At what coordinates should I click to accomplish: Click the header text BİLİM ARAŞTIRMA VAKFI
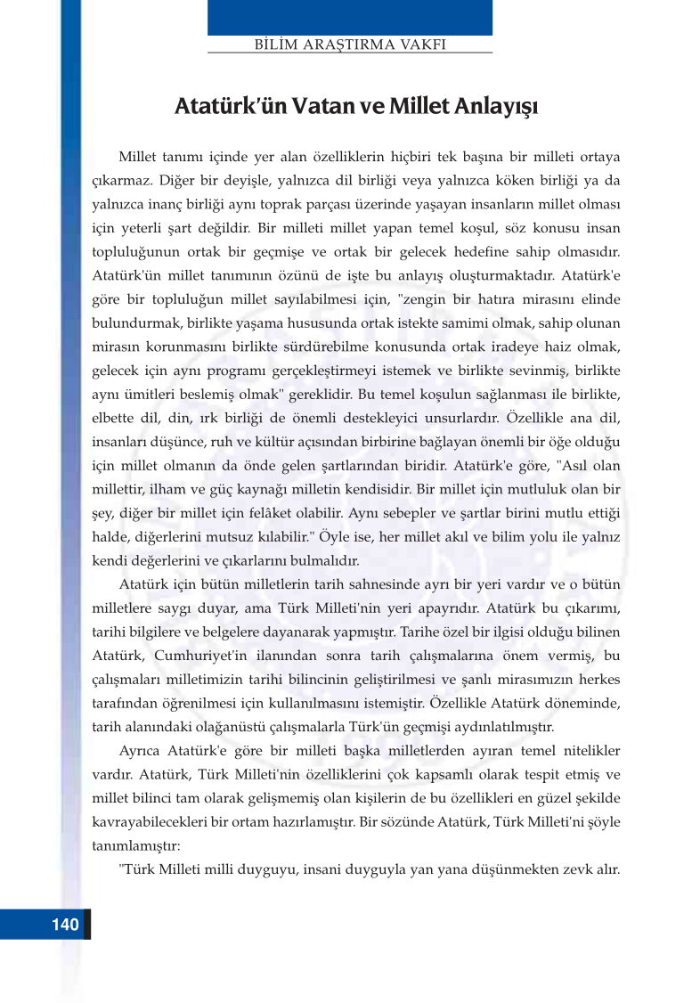350,44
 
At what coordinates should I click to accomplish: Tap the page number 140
65,924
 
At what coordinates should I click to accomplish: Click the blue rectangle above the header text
350,17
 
